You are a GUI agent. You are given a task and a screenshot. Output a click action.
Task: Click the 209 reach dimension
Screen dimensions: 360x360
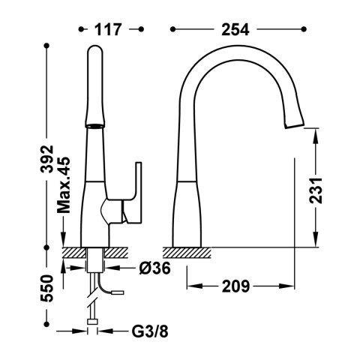236,286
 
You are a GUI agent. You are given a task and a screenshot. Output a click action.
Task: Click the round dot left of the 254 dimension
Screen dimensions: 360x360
172,29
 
